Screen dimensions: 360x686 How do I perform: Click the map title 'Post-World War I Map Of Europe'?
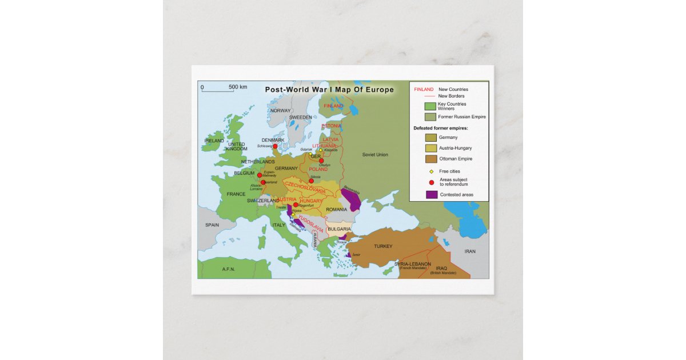pyautogui.click(x=329, y=90)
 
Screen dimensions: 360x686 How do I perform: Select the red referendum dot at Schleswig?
pyautogui.click(x=275, y=146)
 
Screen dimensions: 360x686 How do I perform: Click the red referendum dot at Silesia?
pyautogui.click(x=311, y=181)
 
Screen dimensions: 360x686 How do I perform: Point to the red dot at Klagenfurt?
pyautogui.click(x=296, y=205)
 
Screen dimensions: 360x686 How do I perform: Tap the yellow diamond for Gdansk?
pyautogui.click(x=310, y=154)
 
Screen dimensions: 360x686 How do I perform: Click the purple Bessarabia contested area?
pyautogui.click(x=351, y=199)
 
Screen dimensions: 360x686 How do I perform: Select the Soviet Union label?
pyautogui.click(x=375, y=155)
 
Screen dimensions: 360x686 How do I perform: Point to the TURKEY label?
pyautogui.click(x=383, y=246)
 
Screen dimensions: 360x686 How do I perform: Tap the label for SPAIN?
pyautogui.click(x=212, y=225)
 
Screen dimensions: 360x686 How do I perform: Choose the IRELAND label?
pyautogui.click(x=214, y=141)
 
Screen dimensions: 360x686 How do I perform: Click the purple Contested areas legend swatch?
pyautogui.click(x=431, y=194)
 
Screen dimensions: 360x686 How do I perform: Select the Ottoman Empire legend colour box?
pyautogui.click(x=431, y=159)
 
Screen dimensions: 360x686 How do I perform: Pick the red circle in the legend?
pyautogui.click(x=431, y=182)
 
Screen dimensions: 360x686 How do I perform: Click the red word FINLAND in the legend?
pyautogui.click(x=424, y=89)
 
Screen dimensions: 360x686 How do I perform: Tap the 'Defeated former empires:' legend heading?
pyautogui.click(x=441, y=128)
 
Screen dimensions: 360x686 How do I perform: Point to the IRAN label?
pyautogui.click(x=470, y=251)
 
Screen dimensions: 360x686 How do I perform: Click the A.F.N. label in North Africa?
pyautogui.click(x=229, y=269)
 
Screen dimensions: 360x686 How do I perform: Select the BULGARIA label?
pyautogui.click(x=339, y=229)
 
